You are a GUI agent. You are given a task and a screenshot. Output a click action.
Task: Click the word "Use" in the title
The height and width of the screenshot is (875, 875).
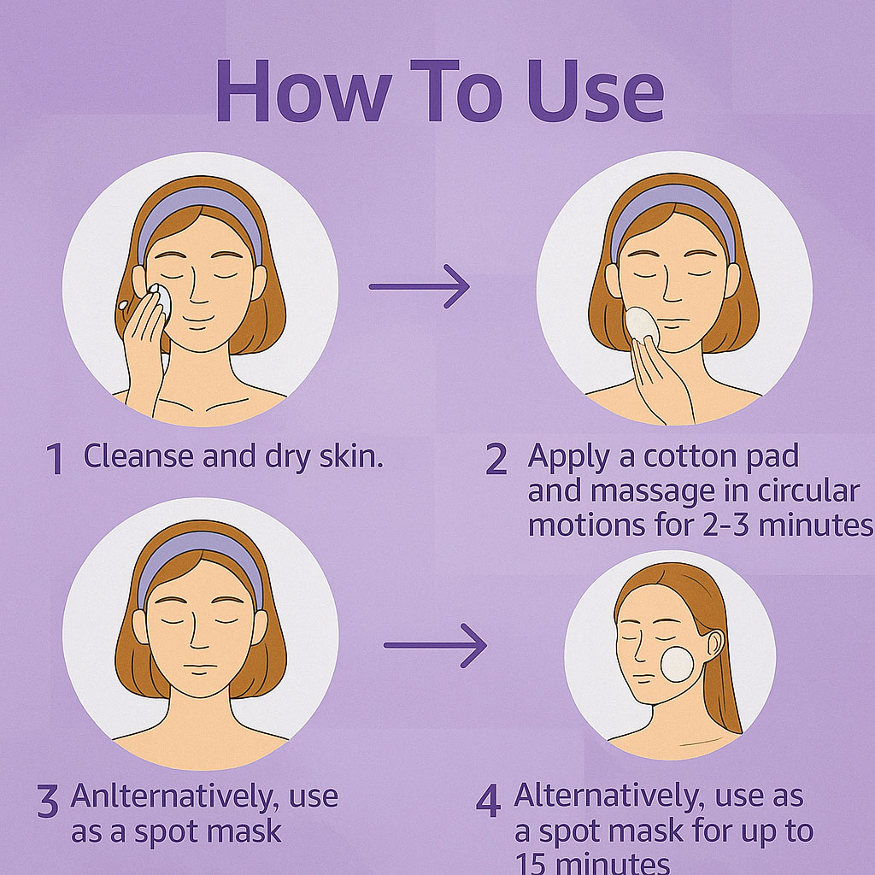click(x=595, y=91)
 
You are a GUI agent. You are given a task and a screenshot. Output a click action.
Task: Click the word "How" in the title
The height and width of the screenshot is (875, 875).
click(x=304, y=91)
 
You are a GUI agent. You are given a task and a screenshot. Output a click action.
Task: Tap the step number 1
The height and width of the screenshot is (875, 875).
click(x=55, y=459)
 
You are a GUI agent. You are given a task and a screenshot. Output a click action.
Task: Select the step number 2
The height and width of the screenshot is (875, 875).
click(x=496, y=459)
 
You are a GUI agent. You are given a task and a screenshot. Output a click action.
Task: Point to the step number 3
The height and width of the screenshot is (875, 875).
click(x=48, y=801)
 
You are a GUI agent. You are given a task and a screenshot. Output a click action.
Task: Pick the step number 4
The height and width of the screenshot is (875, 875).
click(x=488, y=801)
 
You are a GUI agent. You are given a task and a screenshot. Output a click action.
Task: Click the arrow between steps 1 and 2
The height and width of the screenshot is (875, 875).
click(x=419, y=286)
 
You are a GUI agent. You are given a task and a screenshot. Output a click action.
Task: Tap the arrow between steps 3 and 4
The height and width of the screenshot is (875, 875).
click(x=435, y=645)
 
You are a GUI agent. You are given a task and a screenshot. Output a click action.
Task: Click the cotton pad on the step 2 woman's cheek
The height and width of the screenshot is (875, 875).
click(x=642, y=324)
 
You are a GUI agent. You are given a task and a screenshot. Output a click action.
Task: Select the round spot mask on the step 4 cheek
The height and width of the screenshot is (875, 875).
click(x=677, y=664)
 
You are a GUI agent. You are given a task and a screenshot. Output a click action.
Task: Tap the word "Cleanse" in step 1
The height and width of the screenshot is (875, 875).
click(x=139, y=456)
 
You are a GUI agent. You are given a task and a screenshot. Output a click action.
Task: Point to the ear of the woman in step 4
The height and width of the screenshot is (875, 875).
click(x=715, y=644)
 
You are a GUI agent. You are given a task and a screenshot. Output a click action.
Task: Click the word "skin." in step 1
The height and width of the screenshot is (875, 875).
click(x=351, y=456)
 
